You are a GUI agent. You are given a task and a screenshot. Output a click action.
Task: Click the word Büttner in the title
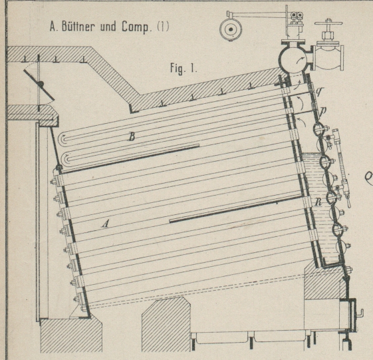tap(78, 26)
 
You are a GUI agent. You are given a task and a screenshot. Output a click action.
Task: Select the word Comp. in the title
tap(136, 27)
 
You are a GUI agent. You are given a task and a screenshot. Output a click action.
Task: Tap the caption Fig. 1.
tap(184, 69)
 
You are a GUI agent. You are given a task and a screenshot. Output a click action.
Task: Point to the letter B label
tap(132, 136)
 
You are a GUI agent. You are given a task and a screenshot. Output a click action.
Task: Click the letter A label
tap(105, 224)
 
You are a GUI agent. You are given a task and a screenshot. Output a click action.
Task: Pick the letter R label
tap(318, 202)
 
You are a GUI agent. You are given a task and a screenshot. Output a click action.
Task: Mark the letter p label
tap(322, 110)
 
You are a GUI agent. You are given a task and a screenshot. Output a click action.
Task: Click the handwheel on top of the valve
tap(328, 23)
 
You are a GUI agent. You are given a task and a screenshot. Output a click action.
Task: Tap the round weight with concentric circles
tap(231, 29)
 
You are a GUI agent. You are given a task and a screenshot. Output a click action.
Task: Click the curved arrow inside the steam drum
tap(301, 60)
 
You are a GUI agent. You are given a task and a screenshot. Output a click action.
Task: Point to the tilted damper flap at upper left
tap(39, 85)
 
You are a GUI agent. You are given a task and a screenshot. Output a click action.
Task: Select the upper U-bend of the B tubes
tap(64, 139)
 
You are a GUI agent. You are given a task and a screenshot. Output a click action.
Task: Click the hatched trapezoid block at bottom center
tap(166, 324)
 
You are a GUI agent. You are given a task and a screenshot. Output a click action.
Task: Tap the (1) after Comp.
tap(163, 27)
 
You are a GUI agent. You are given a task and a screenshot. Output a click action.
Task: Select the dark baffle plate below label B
tap(130, 158)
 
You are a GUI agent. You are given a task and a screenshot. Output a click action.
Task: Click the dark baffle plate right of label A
tap(235, 210)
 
